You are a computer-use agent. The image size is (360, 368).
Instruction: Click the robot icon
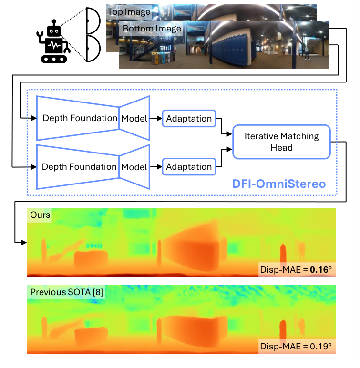(x=53, y=41)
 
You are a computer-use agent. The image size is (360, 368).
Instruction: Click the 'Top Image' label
(x=129, y=11)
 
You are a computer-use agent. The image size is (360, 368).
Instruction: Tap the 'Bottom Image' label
(x=152, y=29)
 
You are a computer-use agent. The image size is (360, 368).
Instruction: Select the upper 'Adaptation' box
(x=189, y=118)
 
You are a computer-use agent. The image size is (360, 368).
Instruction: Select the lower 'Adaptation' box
(x=189, y=167)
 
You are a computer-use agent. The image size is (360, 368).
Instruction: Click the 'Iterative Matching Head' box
(x=281, y=142)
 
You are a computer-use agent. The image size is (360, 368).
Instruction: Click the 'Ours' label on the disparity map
(x=40, y=215)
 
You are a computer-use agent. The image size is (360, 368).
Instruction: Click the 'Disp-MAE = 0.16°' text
(x=296, y=270)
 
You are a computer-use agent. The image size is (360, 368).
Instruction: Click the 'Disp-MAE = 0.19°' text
(x=296, y=347)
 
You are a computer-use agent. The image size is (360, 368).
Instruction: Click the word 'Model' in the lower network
(x=134, y=167)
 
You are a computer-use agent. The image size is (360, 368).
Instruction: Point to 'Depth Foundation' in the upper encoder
(x=80, y=118)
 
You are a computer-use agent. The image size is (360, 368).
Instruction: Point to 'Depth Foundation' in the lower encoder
(x=79, y=167)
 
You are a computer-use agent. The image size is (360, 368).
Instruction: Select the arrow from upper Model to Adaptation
(x=156, y=118)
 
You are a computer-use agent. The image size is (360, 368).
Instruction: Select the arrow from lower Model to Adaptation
(x=156, y=167)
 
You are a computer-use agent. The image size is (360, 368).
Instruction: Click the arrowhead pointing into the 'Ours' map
(x=23, y=243)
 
